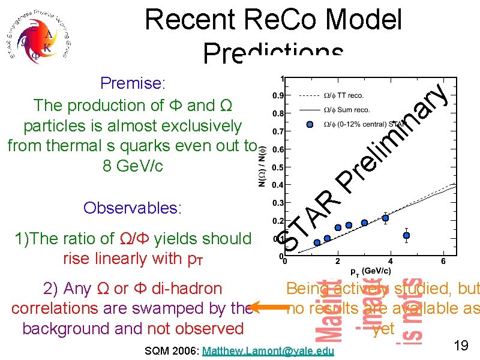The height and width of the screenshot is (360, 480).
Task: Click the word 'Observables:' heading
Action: point(133,208)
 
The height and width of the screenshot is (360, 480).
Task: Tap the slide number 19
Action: point(461,346)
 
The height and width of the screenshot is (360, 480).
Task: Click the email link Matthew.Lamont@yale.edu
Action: point(269,350)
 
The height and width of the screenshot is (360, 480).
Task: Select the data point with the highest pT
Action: point(407,235)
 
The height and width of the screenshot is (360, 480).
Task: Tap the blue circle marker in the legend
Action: point(310,124)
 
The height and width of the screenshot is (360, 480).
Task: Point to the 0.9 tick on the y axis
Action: point(278,95)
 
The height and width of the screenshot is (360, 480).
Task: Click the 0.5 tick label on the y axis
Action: point(278,167)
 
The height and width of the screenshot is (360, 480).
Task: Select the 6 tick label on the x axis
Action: point(443,262)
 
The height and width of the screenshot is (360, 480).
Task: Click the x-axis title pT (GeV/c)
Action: point(367,271)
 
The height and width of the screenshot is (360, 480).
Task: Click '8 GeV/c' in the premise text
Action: point(133,166)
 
